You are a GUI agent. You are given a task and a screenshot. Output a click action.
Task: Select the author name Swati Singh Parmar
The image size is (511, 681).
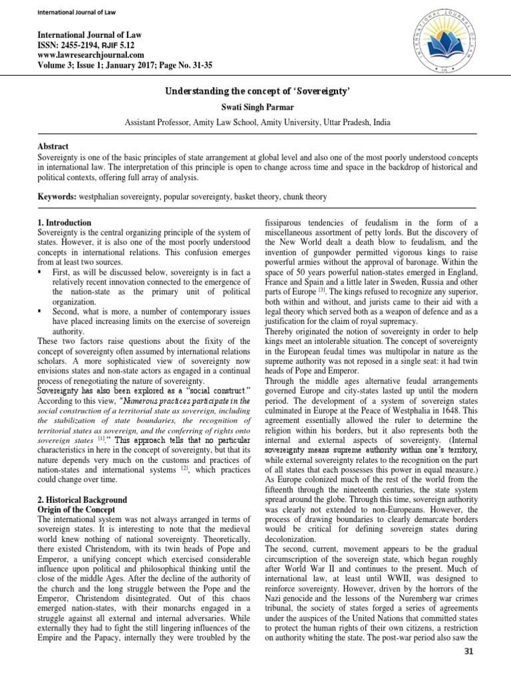[255, 107]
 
